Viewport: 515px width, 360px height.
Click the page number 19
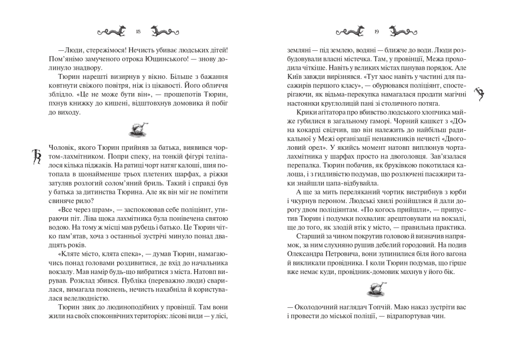click(x=376, y=32)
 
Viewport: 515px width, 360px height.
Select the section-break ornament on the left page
click(x=138, y=130)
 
